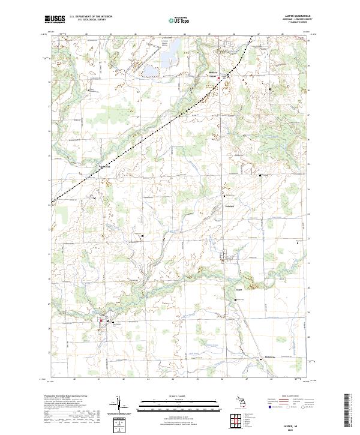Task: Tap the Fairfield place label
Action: tap(229, 206)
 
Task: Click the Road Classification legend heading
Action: tap(285, 397)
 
